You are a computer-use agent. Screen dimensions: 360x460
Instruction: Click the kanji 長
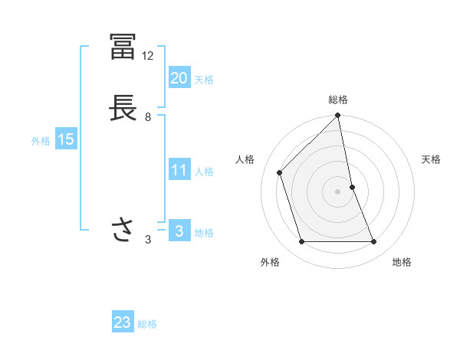[x=123, y=108]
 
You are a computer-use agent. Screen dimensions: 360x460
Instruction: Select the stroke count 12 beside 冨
[x=148, y=56]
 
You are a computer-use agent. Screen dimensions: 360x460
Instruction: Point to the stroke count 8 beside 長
[x=148, y=117]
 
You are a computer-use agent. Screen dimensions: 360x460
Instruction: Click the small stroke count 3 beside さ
[x=148, y=240]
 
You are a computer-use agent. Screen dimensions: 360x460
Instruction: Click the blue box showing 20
[x=179, y=77]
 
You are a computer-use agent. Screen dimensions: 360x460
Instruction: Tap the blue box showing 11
[x=179, y=170]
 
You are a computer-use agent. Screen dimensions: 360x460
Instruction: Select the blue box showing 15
[x=65, y=139]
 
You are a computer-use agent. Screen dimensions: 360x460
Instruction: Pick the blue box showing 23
[x=123, y=322]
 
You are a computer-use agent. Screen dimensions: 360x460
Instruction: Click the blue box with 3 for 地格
[x=179, y=231]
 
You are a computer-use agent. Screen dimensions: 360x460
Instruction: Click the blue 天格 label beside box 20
[x=204, y=80]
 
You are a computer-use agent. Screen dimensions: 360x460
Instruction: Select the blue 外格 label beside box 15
[x=41, y=141]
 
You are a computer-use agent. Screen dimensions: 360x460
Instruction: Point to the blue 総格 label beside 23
[x=147, y=324]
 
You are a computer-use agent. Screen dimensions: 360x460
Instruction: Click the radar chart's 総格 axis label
[x=338, y=100]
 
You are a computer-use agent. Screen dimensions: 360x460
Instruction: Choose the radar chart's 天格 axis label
[x=432, y=159]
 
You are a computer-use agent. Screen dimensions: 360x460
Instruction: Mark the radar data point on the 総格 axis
[x=338, y=116]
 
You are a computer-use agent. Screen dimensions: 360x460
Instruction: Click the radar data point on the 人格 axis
[x=280, y=172]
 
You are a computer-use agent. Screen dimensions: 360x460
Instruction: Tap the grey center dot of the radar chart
[x=338, y=191]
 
